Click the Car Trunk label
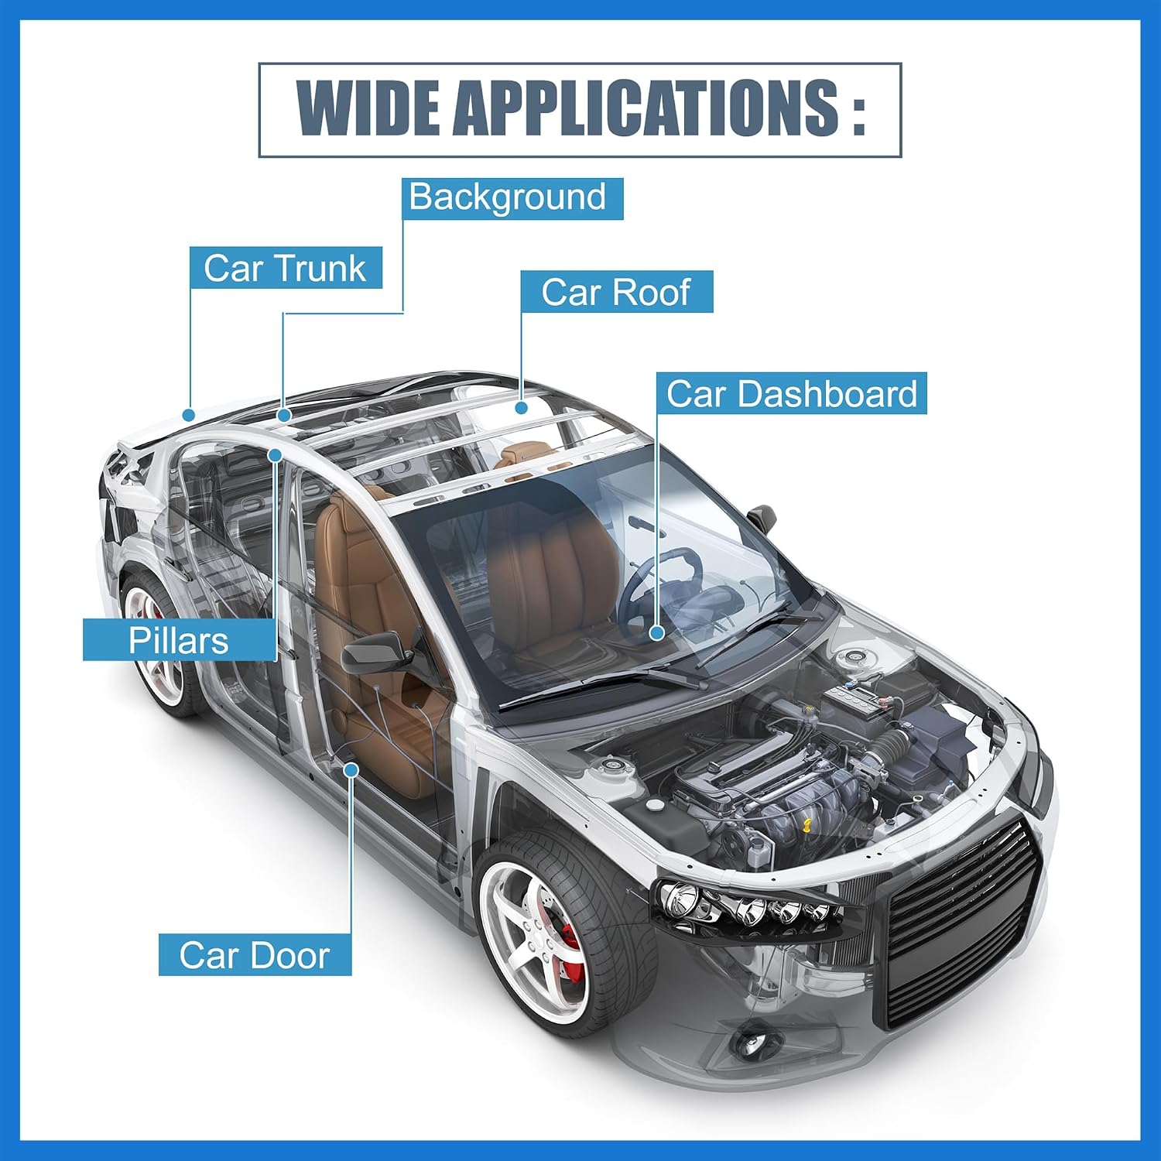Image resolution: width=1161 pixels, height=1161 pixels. point(286,268)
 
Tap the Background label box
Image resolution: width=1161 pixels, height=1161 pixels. point(512,198)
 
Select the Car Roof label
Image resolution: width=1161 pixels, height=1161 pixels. point(616,292)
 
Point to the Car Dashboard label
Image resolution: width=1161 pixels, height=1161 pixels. point(792,393)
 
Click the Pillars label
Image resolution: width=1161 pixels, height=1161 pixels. point(179,640)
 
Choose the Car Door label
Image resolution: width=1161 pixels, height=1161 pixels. point(255,954)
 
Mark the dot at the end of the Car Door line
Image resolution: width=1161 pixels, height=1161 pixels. point(351,769)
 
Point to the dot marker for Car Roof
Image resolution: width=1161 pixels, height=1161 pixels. point(522,407)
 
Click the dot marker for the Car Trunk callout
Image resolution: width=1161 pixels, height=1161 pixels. point(189,414)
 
